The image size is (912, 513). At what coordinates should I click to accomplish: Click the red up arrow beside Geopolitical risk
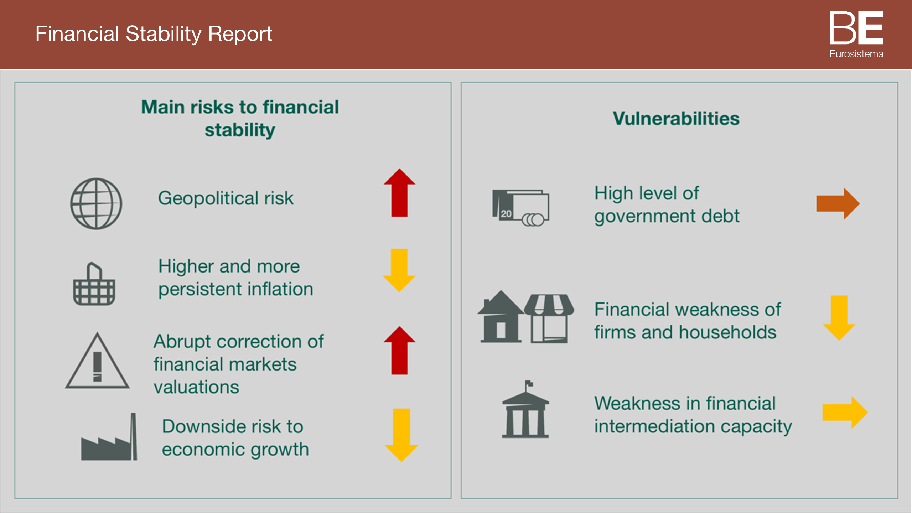click(x=399, y=193)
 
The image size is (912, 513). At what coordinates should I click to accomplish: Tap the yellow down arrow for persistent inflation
click(x=399, y=270)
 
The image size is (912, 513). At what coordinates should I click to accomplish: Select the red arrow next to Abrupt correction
click(x=399, y=351)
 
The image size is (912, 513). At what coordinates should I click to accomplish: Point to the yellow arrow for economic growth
click(x=401, y=435)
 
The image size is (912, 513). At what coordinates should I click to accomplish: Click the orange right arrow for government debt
click(x=838, y=203)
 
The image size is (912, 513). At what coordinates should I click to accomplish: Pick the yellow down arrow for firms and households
click(x=839, y=318)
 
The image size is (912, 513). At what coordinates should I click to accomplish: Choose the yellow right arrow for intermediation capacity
click(x=845, y=412)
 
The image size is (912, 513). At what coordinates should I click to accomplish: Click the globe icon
click(x=96, y=203)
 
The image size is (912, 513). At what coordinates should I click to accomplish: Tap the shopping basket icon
click(x=94, y=284)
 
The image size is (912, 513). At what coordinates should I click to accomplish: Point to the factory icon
click(x=109, y=437)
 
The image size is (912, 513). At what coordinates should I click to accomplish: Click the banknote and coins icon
click(x=520, y=208)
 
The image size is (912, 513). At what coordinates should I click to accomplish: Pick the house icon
click(x=501, y=316)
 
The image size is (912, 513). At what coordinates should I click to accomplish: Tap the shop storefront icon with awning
click(x=549, y=318)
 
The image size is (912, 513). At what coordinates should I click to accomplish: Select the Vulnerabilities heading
click(x=676, y=118)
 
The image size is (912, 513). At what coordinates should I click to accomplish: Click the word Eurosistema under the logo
click(x=856, y=54)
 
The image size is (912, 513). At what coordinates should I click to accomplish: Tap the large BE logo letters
click(x=857, y=28)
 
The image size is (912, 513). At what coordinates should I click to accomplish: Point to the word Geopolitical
click(x=208, y=198)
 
